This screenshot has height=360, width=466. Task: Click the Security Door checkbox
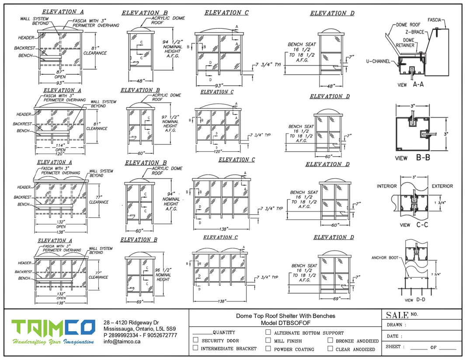point(195,340)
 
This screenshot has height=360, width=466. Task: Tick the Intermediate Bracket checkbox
point(195,348)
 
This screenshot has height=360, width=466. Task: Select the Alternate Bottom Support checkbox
point(268,332)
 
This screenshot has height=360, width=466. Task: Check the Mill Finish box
point(268,340)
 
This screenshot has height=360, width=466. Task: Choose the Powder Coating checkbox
point(268,349)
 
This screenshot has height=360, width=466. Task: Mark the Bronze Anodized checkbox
point(330,340)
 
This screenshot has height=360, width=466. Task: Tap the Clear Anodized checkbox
point(330,349)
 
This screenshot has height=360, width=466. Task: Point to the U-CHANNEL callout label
point(378,62)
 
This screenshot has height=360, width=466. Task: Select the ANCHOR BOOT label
point(385,258)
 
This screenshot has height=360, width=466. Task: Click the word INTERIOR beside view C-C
point(386,186)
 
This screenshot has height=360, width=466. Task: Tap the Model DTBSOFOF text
point(285,323)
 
